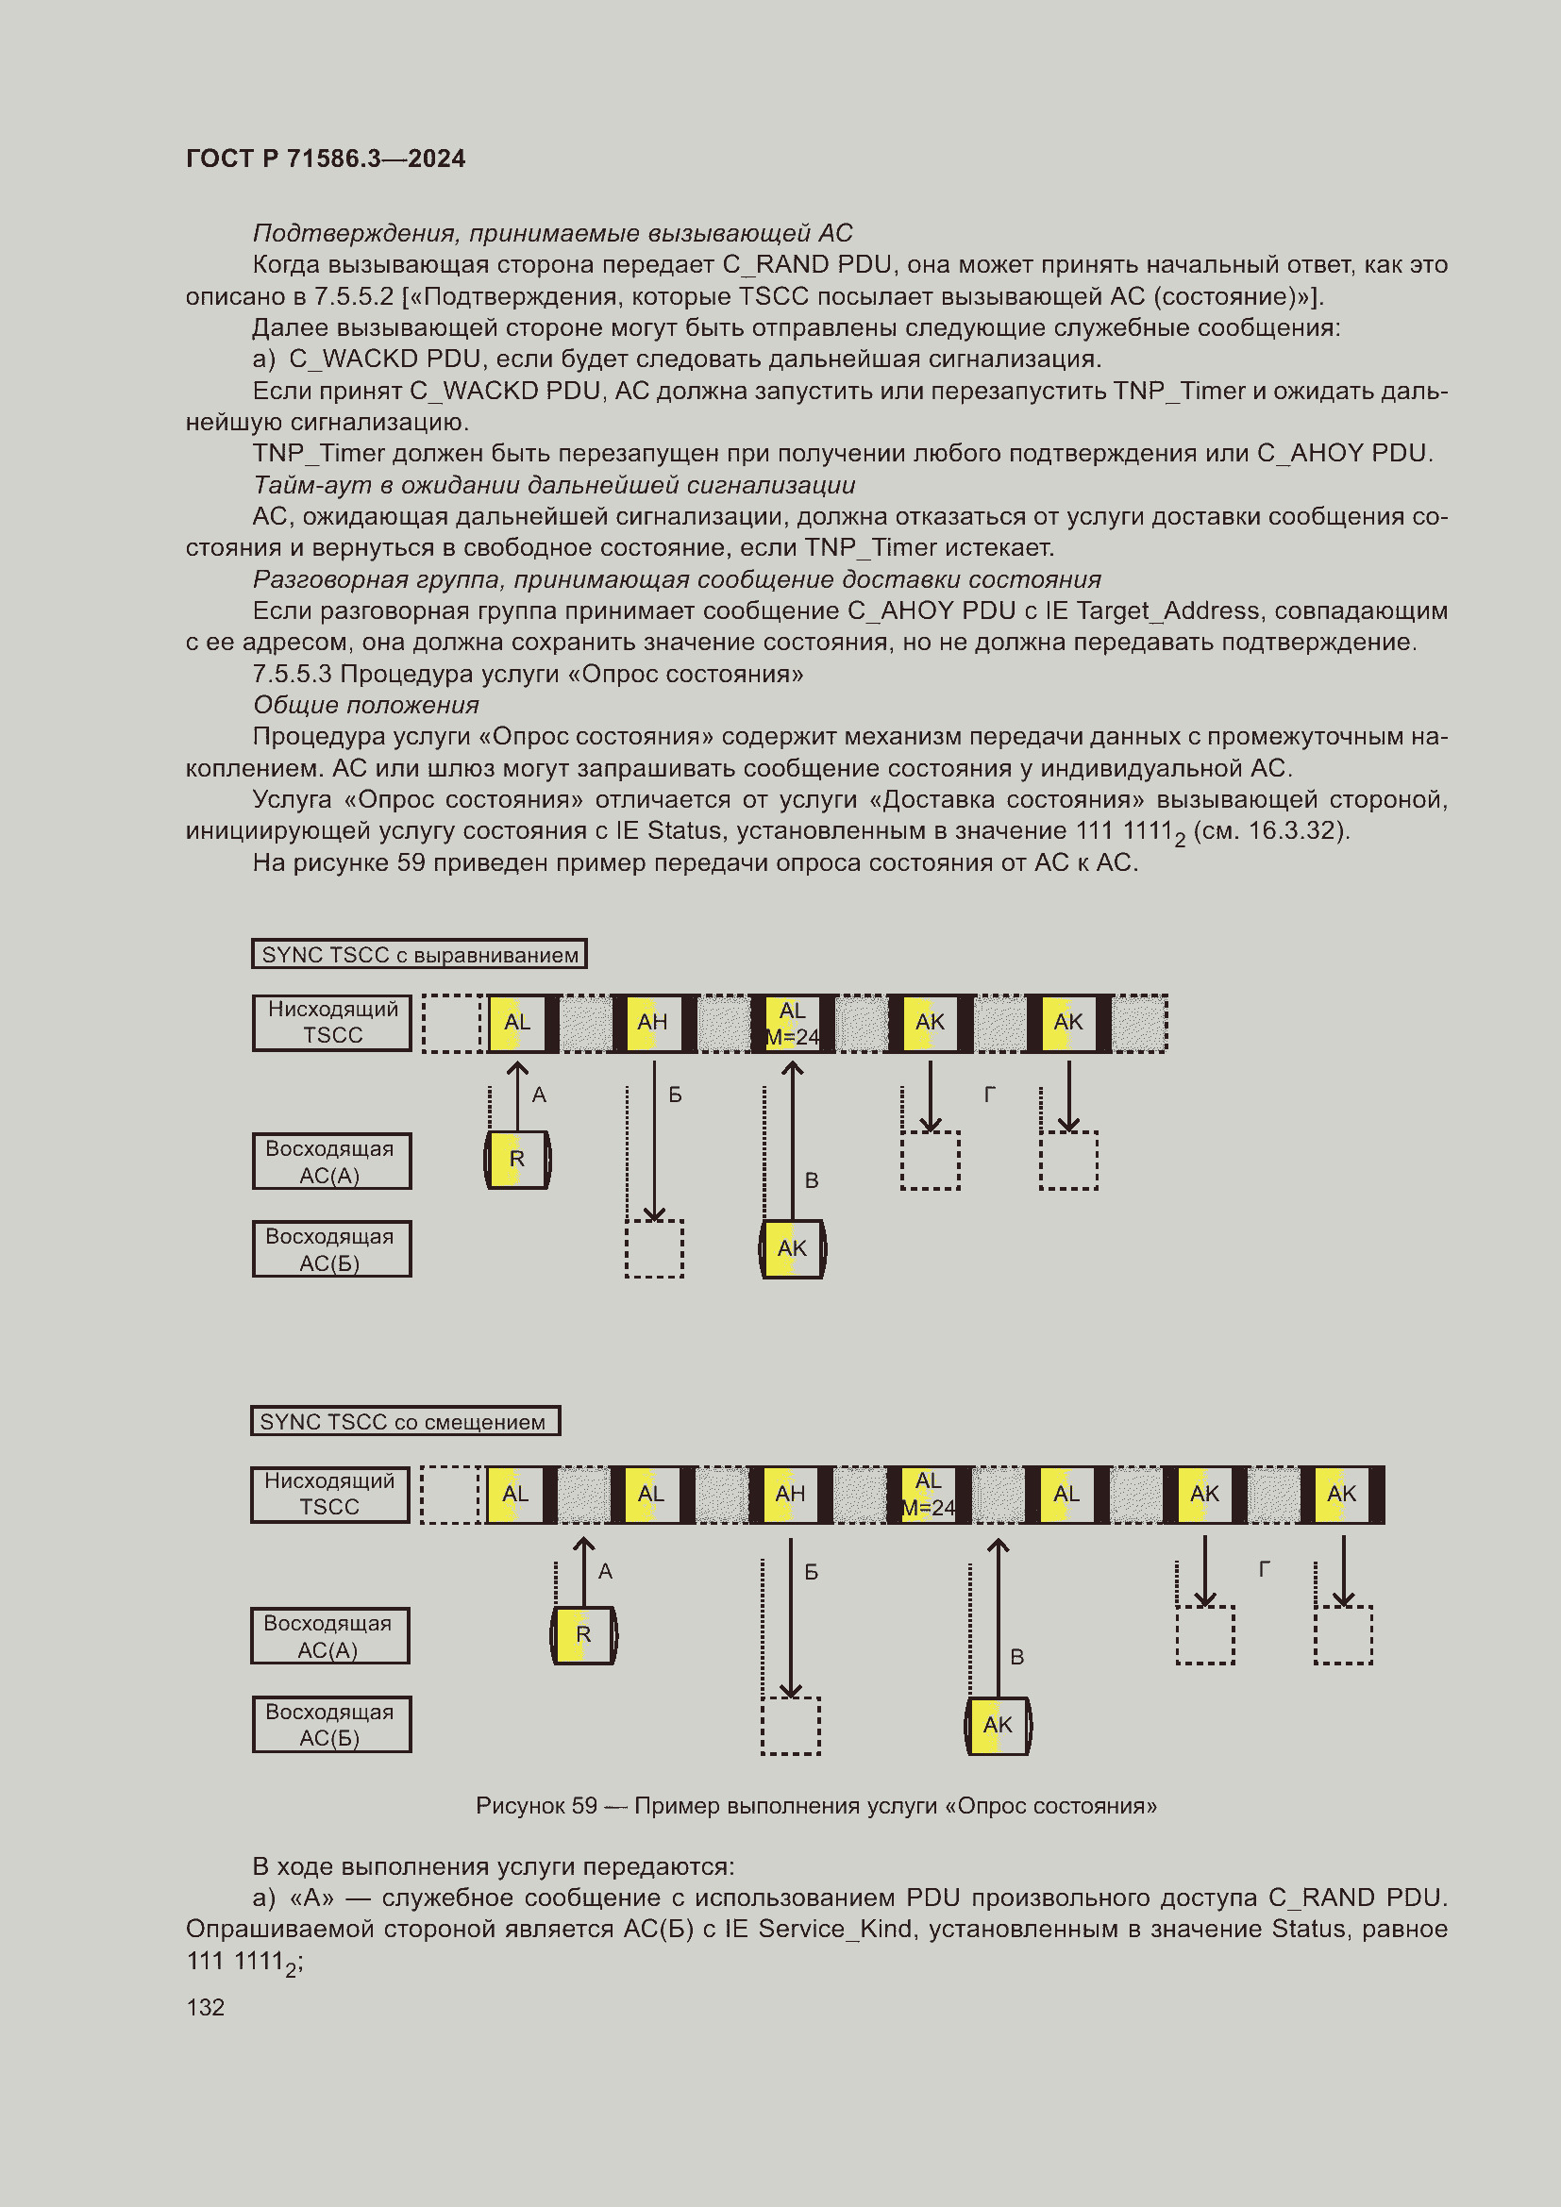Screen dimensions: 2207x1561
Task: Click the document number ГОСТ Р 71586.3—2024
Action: (325, 159)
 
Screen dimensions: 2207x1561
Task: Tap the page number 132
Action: (205, 2007)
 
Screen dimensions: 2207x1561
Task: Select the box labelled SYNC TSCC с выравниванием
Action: (419, 955)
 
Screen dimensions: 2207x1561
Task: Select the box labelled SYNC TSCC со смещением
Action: (405, 1422)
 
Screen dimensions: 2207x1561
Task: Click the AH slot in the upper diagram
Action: (653, 1023)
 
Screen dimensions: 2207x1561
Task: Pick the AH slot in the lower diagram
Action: (790, 1494)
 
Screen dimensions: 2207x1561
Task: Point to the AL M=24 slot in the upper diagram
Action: (792, 1024)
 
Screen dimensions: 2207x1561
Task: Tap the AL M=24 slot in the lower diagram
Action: (928, 1494)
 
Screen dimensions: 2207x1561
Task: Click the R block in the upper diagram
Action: (517, 1161)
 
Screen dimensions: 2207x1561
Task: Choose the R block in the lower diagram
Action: (583, 1635)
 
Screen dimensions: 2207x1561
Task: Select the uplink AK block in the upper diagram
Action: (792, 1248)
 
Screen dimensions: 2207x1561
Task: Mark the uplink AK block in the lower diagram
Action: (998, 1726)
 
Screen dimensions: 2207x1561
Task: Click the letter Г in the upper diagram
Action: (989, 1094)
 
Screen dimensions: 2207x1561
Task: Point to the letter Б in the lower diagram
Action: (812, 1572)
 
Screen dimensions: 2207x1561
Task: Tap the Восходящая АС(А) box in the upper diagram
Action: (331, 1162)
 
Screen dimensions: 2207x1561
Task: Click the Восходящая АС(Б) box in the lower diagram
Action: (331, 1725)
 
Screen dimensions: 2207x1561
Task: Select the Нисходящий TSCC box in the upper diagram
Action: (331, 1023)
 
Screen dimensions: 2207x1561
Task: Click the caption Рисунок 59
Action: (536, 1806)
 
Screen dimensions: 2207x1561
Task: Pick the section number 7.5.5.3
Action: (293, 674)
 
